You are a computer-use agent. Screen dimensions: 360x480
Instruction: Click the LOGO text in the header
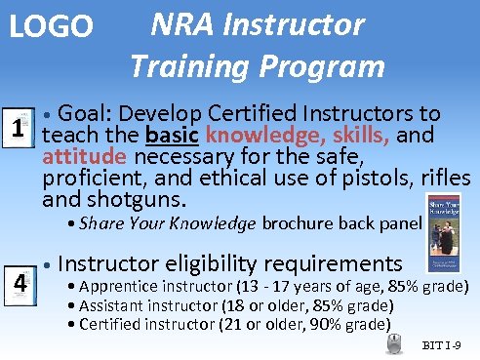(51, 27)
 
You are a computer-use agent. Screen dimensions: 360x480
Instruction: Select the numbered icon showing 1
(17, 129)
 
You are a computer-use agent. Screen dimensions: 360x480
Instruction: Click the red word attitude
(84, 156)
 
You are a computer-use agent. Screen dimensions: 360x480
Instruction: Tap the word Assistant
(115, 306)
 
